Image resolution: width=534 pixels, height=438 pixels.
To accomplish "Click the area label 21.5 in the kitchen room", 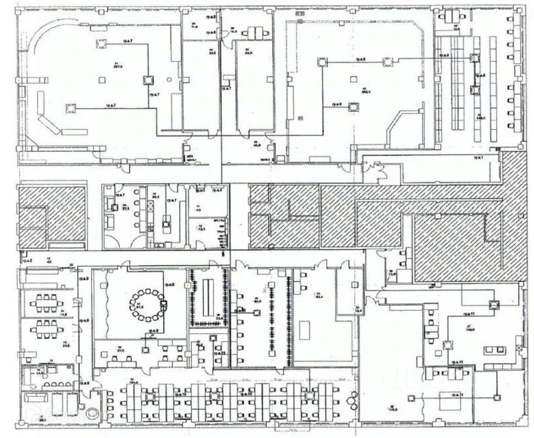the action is [x=125, y=208].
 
